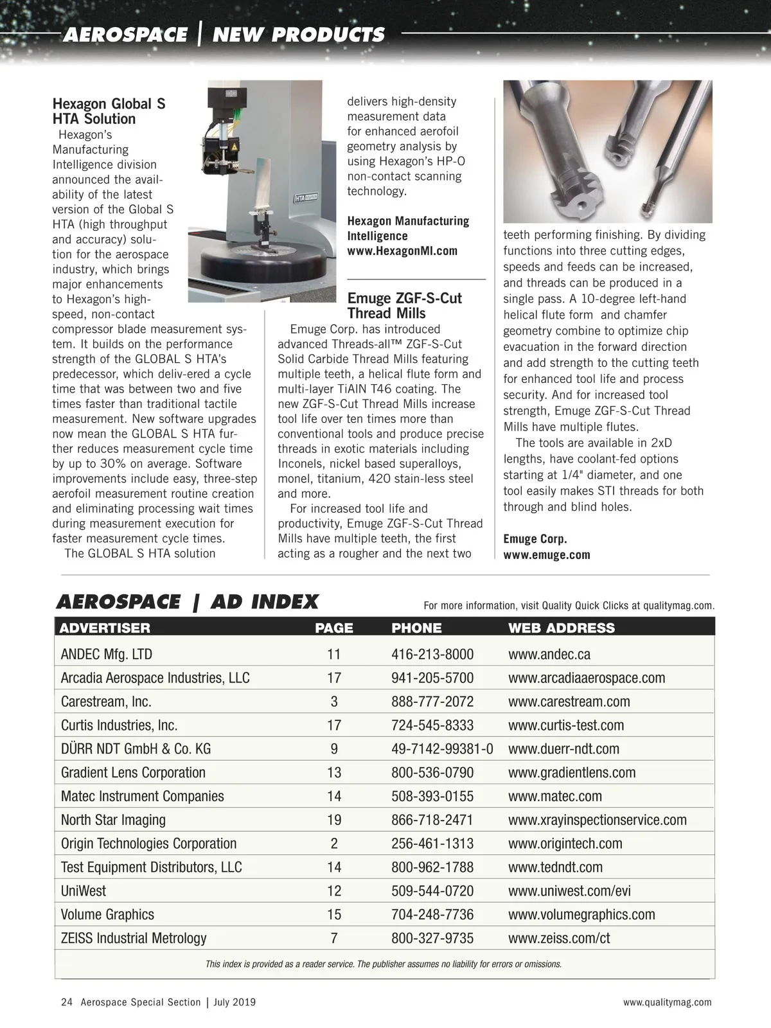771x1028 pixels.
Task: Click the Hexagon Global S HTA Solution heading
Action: click(109, 111)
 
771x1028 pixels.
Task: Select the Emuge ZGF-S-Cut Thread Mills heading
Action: click(404, 306)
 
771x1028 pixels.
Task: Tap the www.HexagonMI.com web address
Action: click(402, 251)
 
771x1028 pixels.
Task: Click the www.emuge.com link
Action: click(546, 554)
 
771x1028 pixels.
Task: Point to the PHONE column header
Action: click(416, 628)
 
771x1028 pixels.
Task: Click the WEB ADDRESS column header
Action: click(561, 628)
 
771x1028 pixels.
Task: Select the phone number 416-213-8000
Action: click(432, 654)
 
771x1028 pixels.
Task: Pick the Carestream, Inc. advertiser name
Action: click(106, 702)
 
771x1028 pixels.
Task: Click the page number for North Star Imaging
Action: click(333, 820)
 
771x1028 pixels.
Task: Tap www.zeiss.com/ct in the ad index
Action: click(559, 938)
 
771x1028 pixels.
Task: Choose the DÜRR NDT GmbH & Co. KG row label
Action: click(136, 749)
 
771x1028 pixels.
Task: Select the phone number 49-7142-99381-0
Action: click(442, 749)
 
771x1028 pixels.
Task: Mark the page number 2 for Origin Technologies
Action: click(333, 844)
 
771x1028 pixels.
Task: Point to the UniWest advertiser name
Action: click(84, 891)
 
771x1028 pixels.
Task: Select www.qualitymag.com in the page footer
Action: click(667, 1002)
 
